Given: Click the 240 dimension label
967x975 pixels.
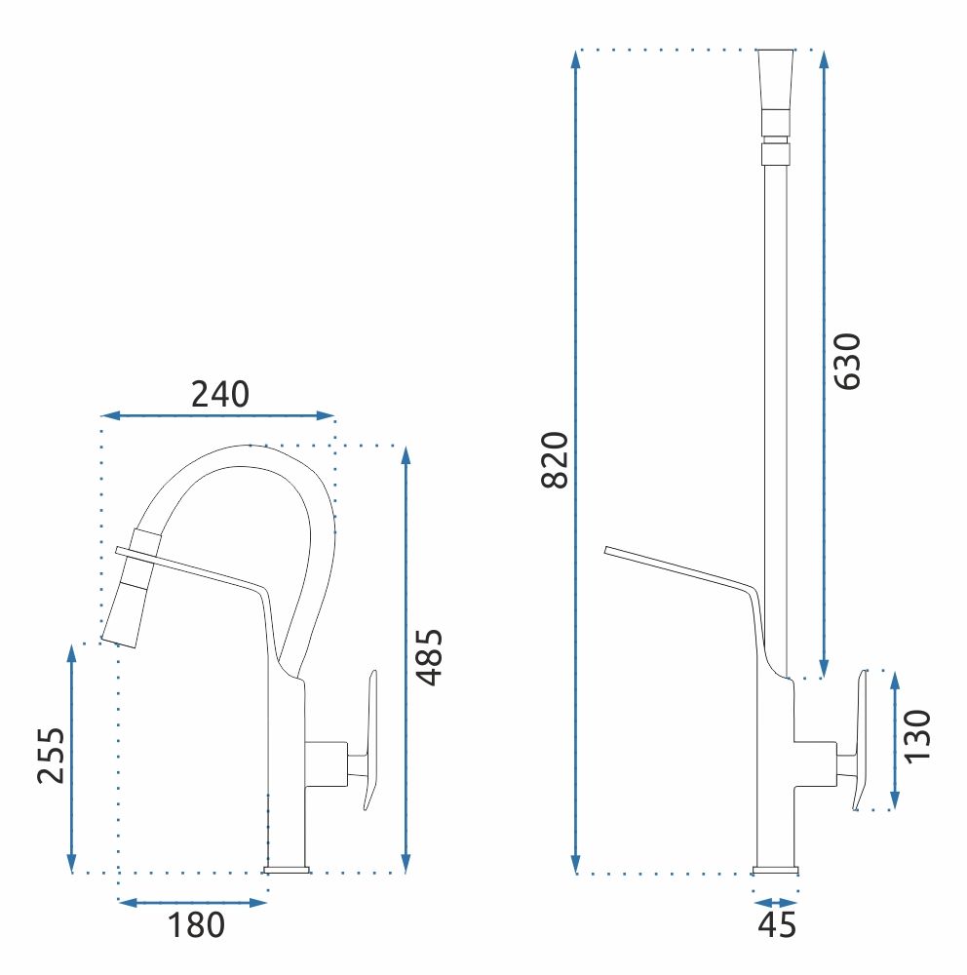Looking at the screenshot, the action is point(219,394).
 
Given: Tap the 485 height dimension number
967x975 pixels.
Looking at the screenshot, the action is point(430,657).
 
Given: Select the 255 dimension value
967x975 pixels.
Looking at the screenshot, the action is point(51,755).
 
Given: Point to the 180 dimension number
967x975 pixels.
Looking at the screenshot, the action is point(196,924).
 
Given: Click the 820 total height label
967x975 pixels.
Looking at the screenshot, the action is point(555,459).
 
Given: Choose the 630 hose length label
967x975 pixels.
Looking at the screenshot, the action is point(847,362).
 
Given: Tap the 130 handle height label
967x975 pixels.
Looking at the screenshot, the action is point(916,736).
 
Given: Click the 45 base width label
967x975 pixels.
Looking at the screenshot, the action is point(777,924).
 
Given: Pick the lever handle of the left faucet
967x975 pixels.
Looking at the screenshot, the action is point(370,740).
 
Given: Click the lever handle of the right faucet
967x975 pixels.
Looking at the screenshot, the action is point(860,740).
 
